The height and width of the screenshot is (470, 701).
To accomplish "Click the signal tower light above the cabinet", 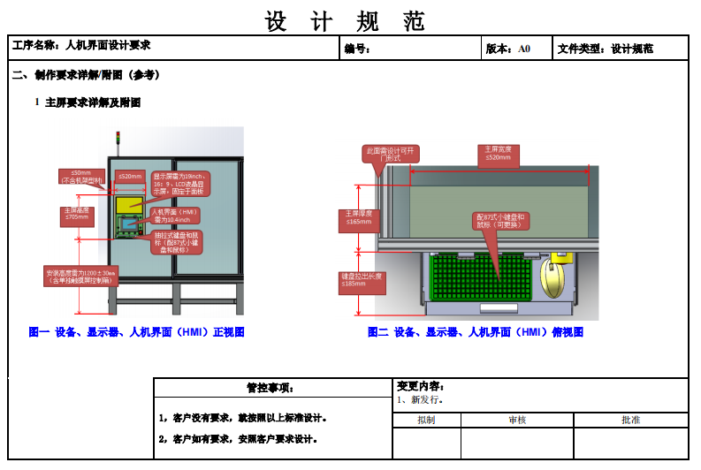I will (x=118, y=138).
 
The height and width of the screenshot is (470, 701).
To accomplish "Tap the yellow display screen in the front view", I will (x=129, y=204).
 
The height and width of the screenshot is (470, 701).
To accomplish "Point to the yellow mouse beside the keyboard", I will (x=556, y=280).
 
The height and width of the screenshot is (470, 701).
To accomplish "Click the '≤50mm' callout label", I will (x=80, y=176).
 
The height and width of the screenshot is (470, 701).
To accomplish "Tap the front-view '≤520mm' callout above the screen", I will (x=130, y=177).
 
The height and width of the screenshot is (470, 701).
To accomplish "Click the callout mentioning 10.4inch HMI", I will (x=174, y=216).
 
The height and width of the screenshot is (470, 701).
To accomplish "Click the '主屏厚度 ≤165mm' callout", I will (x=358, y=218).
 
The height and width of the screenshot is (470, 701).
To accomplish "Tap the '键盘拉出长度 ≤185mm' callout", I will (x=362, y=280).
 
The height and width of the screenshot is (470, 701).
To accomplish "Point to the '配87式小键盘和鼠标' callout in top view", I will (x=500, y=221).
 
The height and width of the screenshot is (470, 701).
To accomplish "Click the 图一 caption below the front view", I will (x=136, y=332).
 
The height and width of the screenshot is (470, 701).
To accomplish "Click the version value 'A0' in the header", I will (x=524, y=49).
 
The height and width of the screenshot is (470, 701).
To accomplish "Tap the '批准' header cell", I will (x=630, y=420).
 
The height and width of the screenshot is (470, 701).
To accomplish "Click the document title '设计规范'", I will (x=345, y=19).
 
